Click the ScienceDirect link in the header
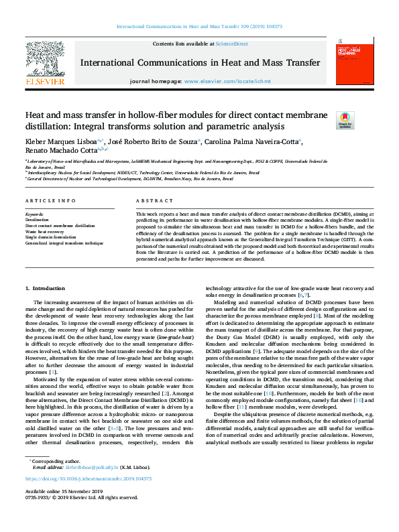click(x=233, y=44)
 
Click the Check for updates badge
click(x=326, y=120)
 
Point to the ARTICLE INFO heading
click(x=50, y=200)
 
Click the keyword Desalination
click(x=37, y=220)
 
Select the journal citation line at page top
click(x=199, y=26)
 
